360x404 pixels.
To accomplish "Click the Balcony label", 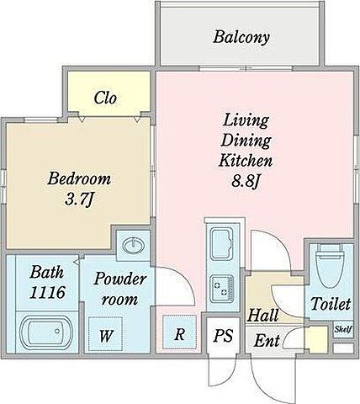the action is tap(241, 37).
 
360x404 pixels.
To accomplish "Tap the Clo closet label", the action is tap(105, 98).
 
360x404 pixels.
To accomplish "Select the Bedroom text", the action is tap(79, 178).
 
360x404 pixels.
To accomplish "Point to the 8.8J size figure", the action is tap(246, 182).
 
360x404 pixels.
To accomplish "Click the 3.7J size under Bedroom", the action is tap(78, 199).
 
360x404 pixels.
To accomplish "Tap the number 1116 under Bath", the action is tap(47, 293).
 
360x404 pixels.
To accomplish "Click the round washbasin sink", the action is tap(134, 246).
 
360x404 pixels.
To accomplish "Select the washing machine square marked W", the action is tap(105, 334).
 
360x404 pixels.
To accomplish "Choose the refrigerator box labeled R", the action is tap(179, 332).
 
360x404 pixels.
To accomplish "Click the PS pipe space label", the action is tap(223, 335).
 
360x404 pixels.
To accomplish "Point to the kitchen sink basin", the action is tap(222, 243).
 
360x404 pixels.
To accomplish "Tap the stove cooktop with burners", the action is tap(222, 289).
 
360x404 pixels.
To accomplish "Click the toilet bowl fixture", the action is tap(330, 265).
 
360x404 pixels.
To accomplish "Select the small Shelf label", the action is tap(343, 329).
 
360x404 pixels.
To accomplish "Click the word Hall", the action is tap(263, 315).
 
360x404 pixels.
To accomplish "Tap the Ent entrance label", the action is tap(267, 340).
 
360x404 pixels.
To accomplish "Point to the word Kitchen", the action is tap(246, 161).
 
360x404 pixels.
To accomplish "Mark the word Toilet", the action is tap(331, 304).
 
